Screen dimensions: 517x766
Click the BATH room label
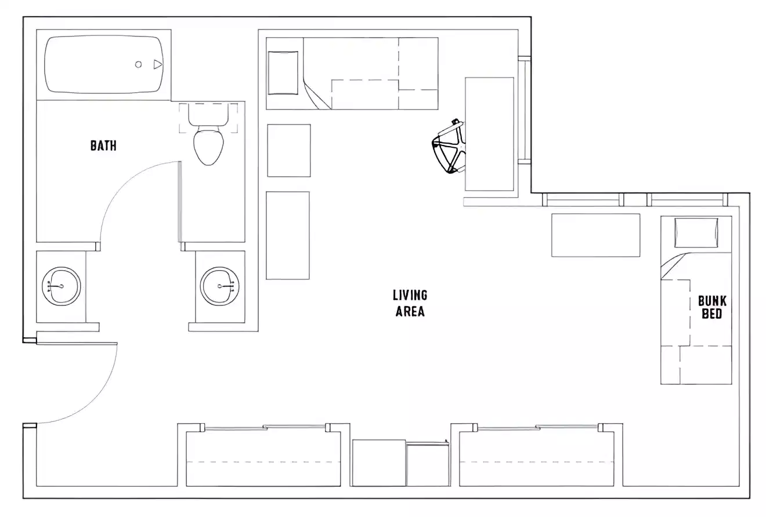[x=103, y=145]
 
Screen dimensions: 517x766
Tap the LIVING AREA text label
[x=410, y=303]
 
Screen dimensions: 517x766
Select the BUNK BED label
[x=712, y=307]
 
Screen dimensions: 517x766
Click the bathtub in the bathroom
[x=104, y=64]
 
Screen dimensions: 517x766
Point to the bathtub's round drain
[x=139, y=64]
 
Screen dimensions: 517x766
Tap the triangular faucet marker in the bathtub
[x=157, y=64]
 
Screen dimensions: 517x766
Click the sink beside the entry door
[x=62, y=286]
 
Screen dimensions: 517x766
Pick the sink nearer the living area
[x=220, y=286]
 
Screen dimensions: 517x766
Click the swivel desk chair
[x=449, y=147]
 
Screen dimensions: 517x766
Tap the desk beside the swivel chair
[x=489, y=134]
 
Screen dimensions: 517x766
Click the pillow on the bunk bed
[x=696, y=232]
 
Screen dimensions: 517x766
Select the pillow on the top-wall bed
[x=283, y=73]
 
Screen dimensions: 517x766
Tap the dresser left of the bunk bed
[x=595, y=235]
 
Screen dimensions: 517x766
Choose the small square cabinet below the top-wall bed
[x=288, y=150]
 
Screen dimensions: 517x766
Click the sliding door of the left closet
[x=265, y=428]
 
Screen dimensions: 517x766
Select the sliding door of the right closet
[x=537, y=428]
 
